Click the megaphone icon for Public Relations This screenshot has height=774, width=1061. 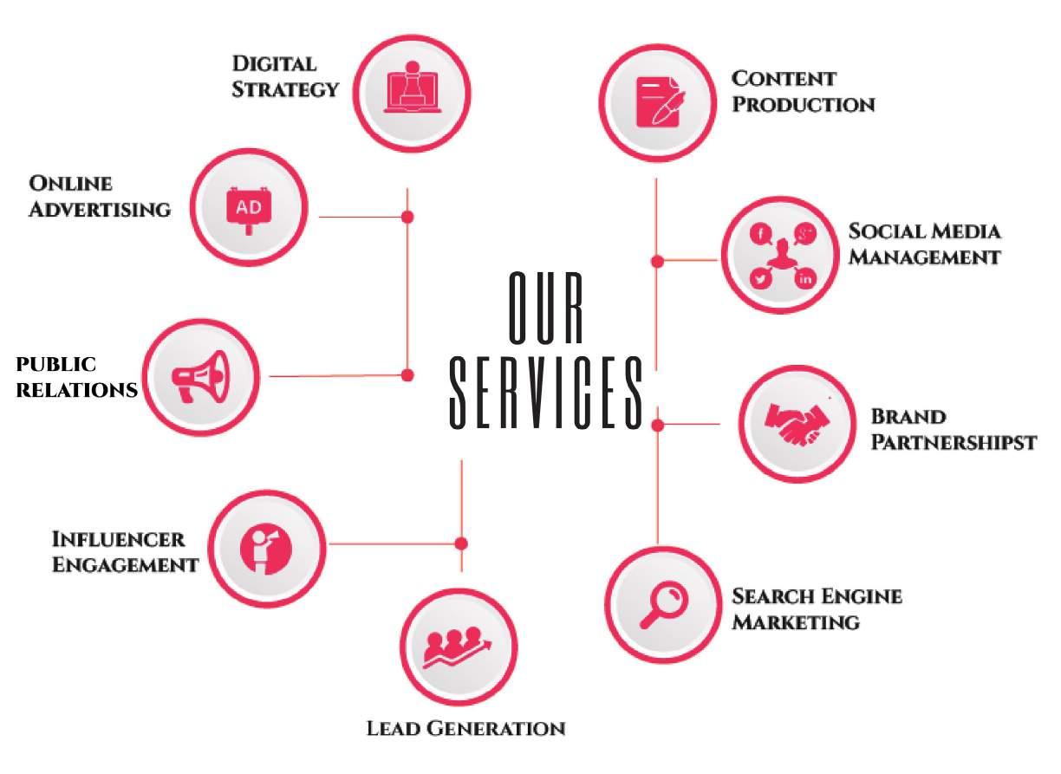tap(200, 375)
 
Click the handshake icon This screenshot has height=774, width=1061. tap(797, 424)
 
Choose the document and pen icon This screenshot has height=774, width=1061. tap(656, 101)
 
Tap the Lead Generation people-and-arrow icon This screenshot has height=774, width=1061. tap(458, 646)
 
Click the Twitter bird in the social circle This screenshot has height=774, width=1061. tap(761, 278)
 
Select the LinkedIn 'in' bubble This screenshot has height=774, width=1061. tap(806, 278)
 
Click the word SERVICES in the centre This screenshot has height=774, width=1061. tap(546, 392)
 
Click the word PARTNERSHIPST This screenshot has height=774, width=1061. tap(954, 442)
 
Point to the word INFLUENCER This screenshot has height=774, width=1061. tap(118, 539)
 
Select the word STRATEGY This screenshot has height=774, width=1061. tap(285, 89)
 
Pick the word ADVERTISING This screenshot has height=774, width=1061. tap(100, 209)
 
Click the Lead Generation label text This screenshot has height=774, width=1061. tap(465, 728)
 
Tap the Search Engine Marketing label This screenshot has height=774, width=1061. tap(817, 608)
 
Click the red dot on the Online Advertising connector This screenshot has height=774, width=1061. tap(407, 216)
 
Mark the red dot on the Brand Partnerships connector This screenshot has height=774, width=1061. tap(658, 424)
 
